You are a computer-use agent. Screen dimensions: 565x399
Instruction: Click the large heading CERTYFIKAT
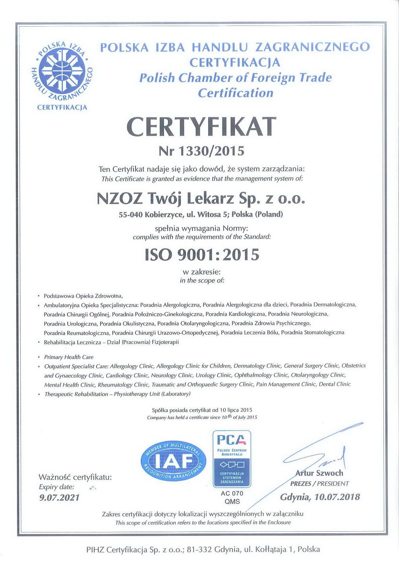pyautogui.click(x=201, y=127)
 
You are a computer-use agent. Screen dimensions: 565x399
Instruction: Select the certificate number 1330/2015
pyautogui.click(x=211, y=151)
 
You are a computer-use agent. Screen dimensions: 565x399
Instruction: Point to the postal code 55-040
pyautogui.click(x=131, y=215)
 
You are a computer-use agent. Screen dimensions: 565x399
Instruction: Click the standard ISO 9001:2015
pyautogui.click(x=202, y=255)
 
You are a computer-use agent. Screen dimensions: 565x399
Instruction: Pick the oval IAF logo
pyautogui.click(x=174, y=462)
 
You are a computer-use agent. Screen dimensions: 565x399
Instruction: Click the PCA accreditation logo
pyautogui.click(x=232, y=459)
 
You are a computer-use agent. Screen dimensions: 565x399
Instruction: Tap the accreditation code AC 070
pyautogui.click(x=232, y=493)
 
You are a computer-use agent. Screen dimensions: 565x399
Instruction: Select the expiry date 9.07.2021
pyautogui.click(x=60, y=497)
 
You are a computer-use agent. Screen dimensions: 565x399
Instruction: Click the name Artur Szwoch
pyautogui.click(x=319, y=473)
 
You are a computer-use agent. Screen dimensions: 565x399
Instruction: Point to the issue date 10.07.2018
pyautogui.click(x=337, y=497)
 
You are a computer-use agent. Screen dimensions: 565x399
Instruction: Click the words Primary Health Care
pyautogui.click(x=69, y=357)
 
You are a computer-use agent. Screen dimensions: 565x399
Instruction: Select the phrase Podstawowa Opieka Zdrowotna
pyautogui.click(x=83, y=295)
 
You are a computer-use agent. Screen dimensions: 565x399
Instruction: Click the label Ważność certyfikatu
pyautogui.click(x=75, y=477)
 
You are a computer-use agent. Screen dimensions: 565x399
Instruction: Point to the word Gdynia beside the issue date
pyautogui.click(x=295, y=497)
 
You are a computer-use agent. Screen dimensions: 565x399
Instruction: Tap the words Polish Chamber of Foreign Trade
pyautogui.click(x=235, y=78)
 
